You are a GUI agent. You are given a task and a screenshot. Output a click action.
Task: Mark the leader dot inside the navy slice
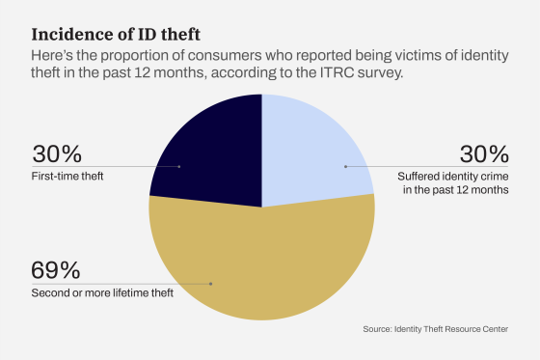pos(180,166)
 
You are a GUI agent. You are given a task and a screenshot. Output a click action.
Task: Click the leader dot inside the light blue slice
pos(345,166)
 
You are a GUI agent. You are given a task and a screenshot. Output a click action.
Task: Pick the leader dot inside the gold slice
pos(211,284)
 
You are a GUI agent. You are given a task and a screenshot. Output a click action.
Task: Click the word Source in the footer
pos(378,330)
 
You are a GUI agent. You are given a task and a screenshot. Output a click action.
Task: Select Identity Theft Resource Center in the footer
pos(452,330)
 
